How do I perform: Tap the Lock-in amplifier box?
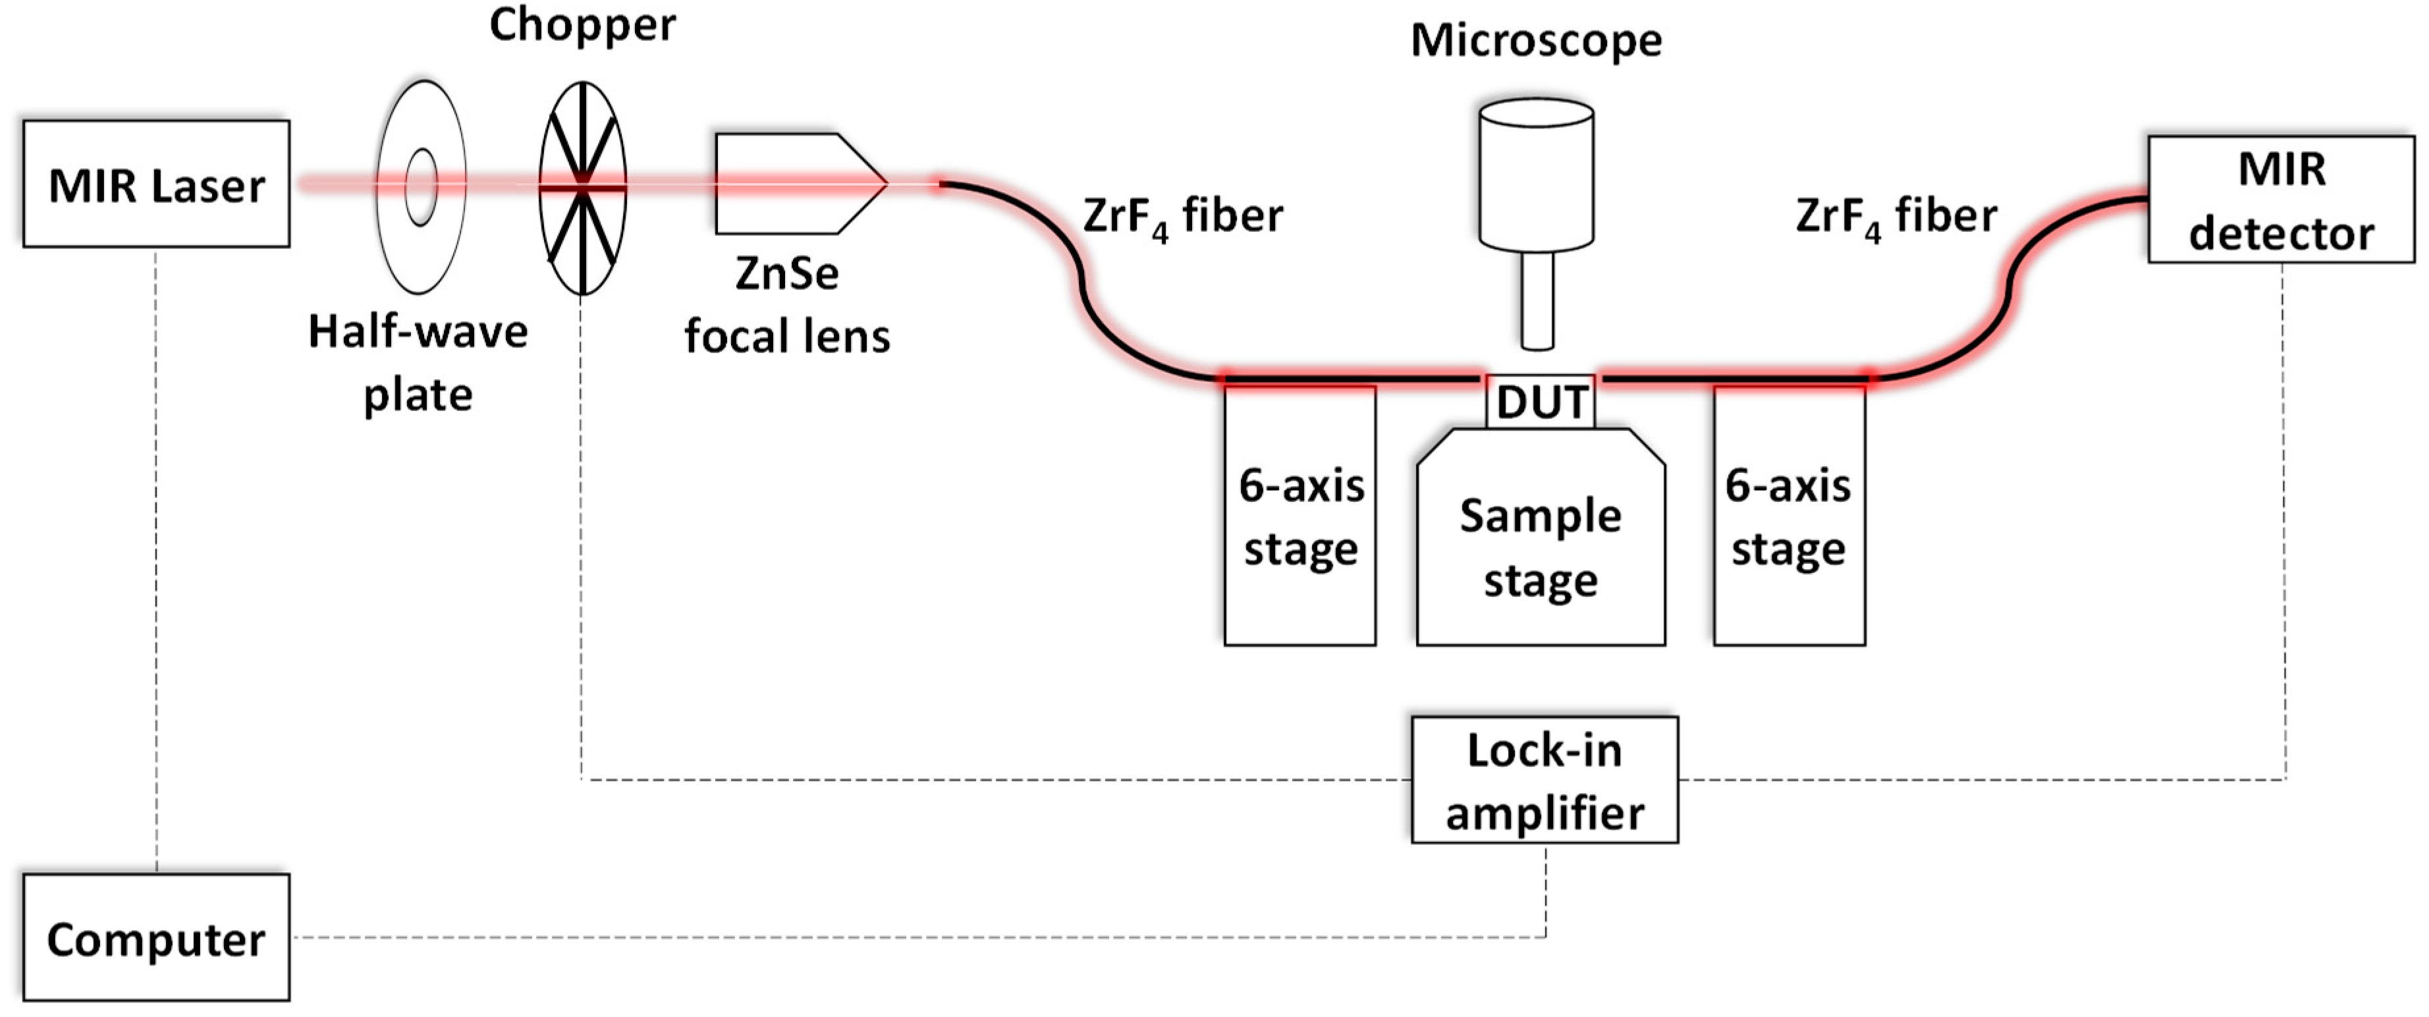click(1544, 780)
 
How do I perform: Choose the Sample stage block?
click(1540, 547)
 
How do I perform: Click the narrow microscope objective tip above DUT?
click(1537, 302)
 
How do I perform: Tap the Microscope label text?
click(1536, 41)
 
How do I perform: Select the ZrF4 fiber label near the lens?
click(1182, 217)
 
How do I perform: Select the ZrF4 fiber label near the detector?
click(1896, 217)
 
